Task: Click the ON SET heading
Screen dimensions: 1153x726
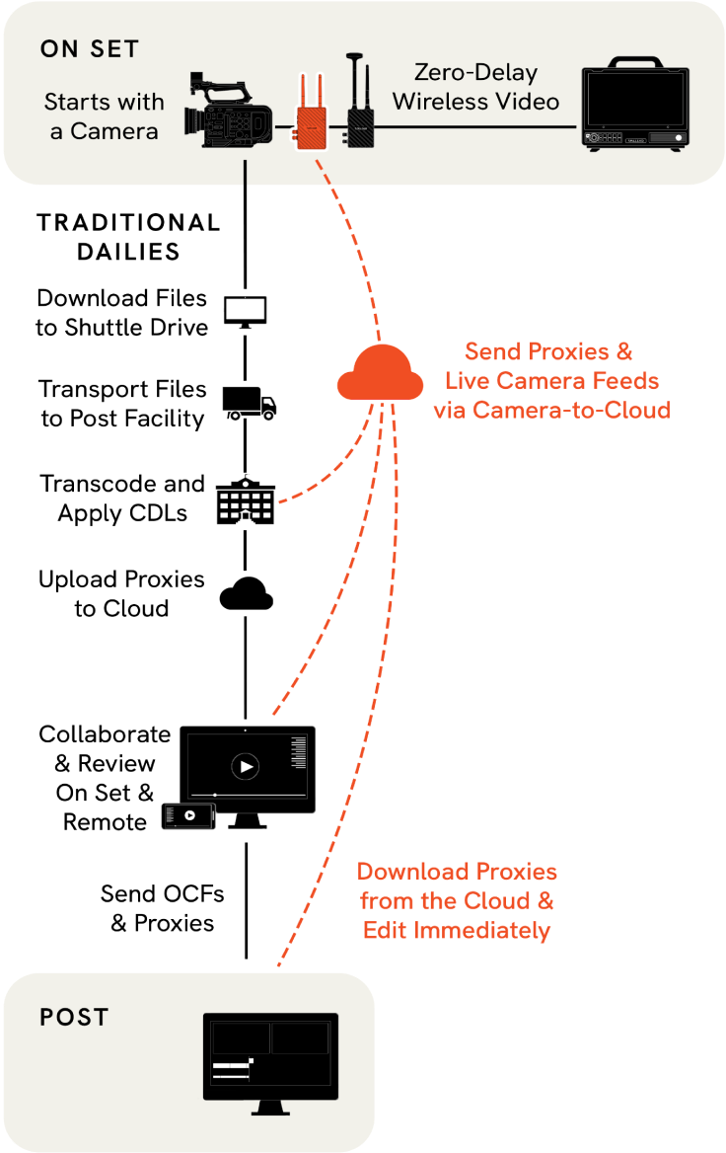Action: [90, 49]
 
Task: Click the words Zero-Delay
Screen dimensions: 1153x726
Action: [474, 73]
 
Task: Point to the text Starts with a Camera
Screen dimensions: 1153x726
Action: [105, 115]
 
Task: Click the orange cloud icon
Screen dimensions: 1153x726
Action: [380, 372]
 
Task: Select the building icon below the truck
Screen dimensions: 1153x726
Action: [245, 500]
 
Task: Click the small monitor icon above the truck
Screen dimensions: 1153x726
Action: [245, 311]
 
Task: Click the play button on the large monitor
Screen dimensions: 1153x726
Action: [246, 766]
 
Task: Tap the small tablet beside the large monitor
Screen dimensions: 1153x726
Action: [188, 815]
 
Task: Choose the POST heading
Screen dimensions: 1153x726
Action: [74, 1017]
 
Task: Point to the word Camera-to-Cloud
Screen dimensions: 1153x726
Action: [572, 410]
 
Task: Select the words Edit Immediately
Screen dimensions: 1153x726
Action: [457, 930]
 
